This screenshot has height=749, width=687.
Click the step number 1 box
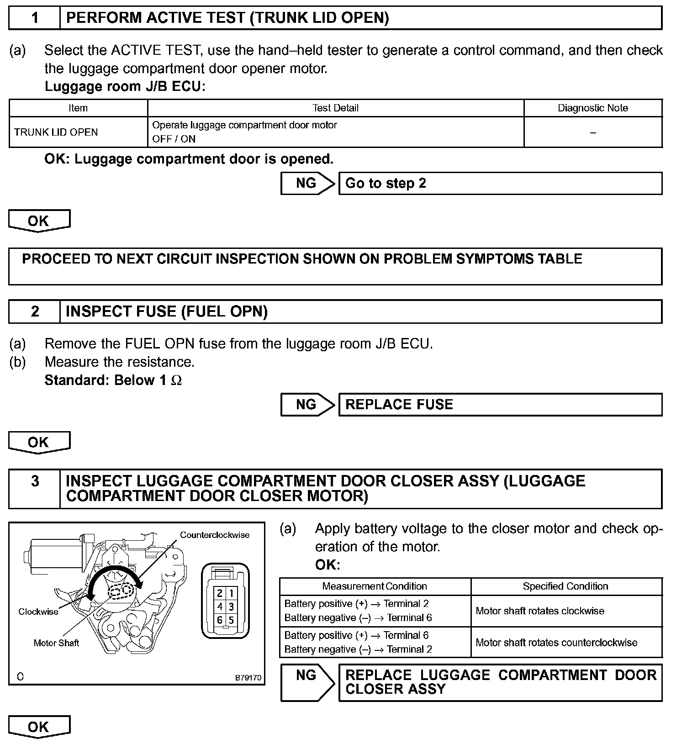tap(35, 18)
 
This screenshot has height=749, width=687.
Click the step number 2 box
tap(35, 311)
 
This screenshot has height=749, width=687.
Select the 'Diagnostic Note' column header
tap(592, 108)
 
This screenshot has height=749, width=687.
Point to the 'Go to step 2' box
tap(500, 184)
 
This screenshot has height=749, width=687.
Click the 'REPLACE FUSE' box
tap(500, 405)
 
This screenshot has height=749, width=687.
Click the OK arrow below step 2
tap(39, 443)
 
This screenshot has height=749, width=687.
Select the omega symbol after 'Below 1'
tap(176, 381)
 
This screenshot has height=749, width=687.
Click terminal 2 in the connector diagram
tap(220, 593)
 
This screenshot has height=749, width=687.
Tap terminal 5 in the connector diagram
tap(231, 620)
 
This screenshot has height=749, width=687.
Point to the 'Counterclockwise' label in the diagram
tap(214, 535)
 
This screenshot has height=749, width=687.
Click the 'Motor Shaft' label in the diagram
tap(56, 643)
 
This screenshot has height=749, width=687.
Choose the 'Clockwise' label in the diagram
tap(38, 612)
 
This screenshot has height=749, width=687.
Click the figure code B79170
tap(248, 678)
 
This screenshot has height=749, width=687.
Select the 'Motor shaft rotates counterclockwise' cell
tap(556, 643)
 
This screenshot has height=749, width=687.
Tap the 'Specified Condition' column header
tap(565, 586)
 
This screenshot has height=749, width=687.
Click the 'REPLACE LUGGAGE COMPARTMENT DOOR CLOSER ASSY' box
tap(500, 682)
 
